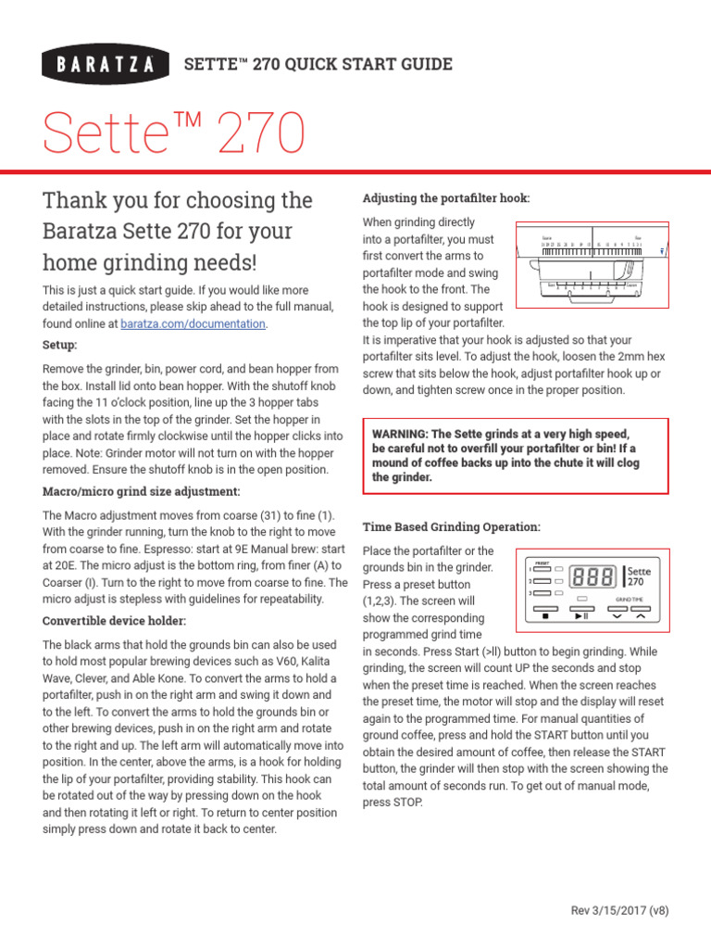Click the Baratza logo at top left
click(x=106, y=65)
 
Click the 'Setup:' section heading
click(x=60, y=345)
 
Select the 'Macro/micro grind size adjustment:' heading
click(x=141, y=491)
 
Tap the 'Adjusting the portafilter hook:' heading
click(x=446, y=199)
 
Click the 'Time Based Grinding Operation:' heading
click(x=451, y=526)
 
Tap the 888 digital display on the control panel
click(x=593, y=577)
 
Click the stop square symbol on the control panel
click(x=545, y=615)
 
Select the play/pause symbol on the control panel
click(x=581, y=615)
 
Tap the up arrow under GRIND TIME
click(x=639, y=615)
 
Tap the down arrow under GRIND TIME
click(x=617, y=615)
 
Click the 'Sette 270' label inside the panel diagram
click(x=640, y=576)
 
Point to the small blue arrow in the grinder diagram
click(x=661, y=250)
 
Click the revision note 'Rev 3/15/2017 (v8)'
click(x=620, y=909)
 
